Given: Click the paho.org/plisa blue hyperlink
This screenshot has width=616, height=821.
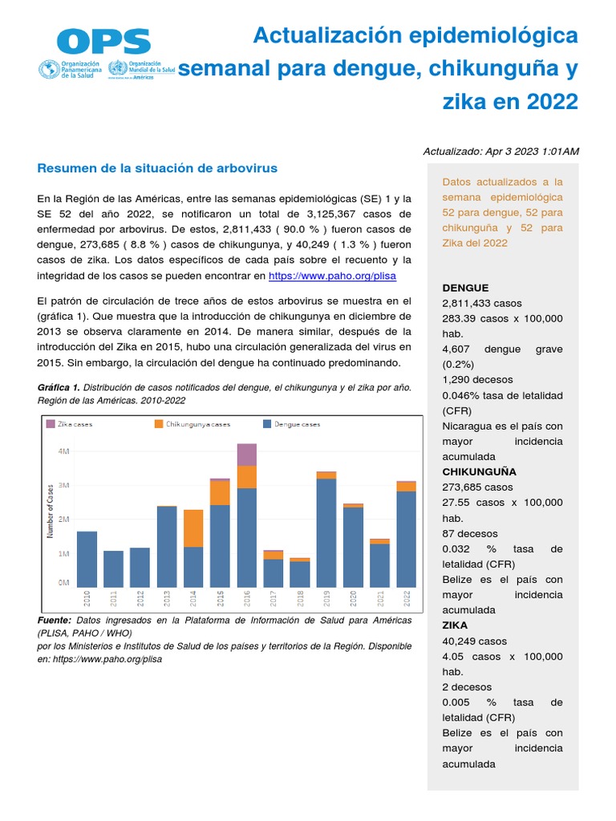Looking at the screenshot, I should (x=332, y=275).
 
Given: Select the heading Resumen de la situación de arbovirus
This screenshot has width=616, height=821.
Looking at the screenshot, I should (x=157, y=168).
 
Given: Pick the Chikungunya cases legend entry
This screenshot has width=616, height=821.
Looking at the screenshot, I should (x=192, y=423).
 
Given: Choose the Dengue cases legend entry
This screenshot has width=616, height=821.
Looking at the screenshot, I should (x=292, y=423).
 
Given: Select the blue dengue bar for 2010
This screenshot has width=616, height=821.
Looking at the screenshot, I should (x=87, y=559).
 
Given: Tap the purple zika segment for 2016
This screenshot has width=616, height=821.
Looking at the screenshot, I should (x=247, y=454).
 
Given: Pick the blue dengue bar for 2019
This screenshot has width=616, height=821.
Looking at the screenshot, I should (x=326, y=532).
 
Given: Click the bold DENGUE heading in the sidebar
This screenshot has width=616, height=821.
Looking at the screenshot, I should (x=465, y=288).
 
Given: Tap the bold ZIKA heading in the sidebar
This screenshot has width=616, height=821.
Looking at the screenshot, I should (x=455, y=625).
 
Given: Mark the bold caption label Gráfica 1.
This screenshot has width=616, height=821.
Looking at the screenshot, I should (x=59, y=387).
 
